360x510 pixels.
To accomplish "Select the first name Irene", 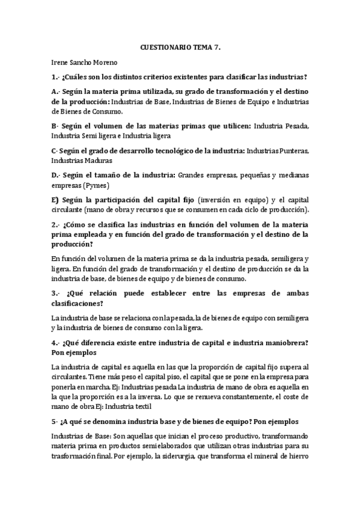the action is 61,61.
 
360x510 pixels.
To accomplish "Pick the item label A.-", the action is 58,91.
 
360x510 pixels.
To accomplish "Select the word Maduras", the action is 94,161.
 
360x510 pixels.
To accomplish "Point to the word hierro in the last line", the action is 297,456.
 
